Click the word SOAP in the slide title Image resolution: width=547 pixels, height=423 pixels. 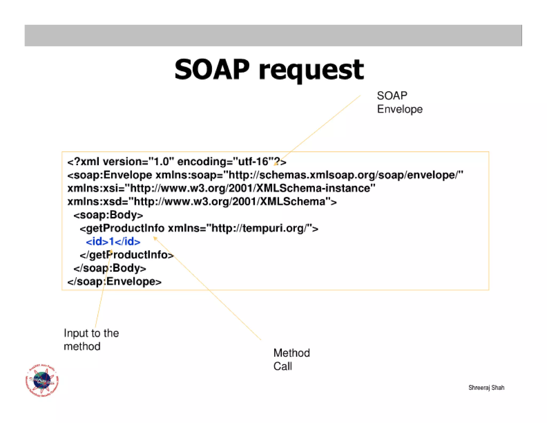point(212,70)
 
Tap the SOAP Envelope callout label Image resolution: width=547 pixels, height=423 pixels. point(399,102)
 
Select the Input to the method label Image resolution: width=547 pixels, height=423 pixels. point(91,340)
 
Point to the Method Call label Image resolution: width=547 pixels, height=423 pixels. point(291,359)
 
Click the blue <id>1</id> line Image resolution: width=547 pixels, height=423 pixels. point(113,242)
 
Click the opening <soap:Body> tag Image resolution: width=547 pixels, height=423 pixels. point(108,215)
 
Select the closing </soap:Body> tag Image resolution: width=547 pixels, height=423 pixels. point(110,268)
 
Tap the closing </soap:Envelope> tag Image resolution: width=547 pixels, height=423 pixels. point(114,282)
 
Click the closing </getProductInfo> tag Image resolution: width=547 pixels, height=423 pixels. point(127,255)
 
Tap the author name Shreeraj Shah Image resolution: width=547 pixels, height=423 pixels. point(486,387)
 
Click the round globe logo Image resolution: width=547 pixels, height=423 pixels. point(42,380)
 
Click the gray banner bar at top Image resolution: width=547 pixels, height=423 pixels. point(273,36)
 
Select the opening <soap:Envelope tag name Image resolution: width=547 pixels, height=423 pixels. point(110,175)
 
